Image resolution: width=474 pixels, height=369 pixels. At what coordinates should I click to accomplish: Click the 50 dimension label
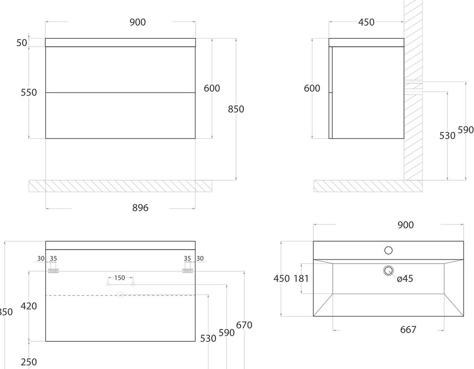(22, 42)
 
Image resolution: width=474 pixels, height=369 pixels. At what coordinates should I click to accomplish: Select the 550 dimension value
(29, 92)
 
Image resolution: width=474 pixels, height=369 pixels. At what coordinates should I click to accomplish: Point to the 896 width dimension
(140, 208)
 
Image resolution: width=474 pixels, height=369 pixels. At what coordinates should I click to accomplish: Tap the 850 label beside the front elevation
(236, 109)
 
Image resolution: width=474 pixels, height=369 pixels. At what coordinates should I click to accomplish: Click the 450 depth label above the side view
(366, 22)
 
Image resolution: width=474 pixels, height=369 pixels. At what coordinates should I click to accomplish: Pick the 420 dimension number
(29, 306)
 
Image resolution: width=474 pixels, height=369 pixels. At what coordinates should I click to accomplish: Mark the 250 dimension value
(29, 362)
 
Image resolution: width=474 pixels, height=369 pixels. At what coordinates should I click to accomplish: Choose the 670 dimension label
(244, 325)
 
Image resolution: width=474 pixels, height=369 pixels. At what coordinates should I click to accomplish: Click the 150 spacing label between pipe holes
(120, 277)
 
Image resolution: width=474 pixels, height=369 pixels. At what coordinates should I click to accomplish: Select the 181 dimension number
(301, 278)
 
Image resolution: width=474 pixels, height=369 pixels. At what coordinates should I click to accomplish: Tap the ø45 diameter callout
(405, 279)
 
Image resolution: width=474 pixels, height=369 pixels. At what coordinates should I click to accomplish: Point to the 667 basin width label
(408, 329)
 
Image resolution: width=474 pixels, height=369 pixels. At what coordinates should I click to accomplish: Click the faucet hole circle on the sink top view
(388, 250)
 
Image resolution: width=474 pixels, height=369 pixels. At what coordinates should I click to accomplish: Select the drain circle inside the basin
(388, 271)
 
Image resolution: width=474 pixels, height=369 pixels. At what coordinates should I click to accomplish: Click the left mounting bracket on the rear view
(53, 270)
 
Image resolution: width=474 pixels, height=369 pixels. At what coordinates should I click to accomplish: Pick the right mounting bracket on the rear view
(187, 270)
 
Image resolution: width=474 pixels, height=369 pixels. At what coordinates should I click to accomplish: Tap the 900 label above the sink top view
(406, 225)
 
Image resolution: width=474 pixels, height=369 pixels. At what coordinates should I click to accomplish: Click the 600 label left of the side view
(312, 88)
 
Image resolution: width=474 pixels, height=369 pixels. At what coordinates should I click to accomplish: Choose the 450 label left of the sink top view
(281, 278)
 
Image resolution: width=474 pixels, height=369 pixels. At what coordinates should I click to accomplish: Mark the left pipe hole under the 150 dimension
(108, 285)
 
